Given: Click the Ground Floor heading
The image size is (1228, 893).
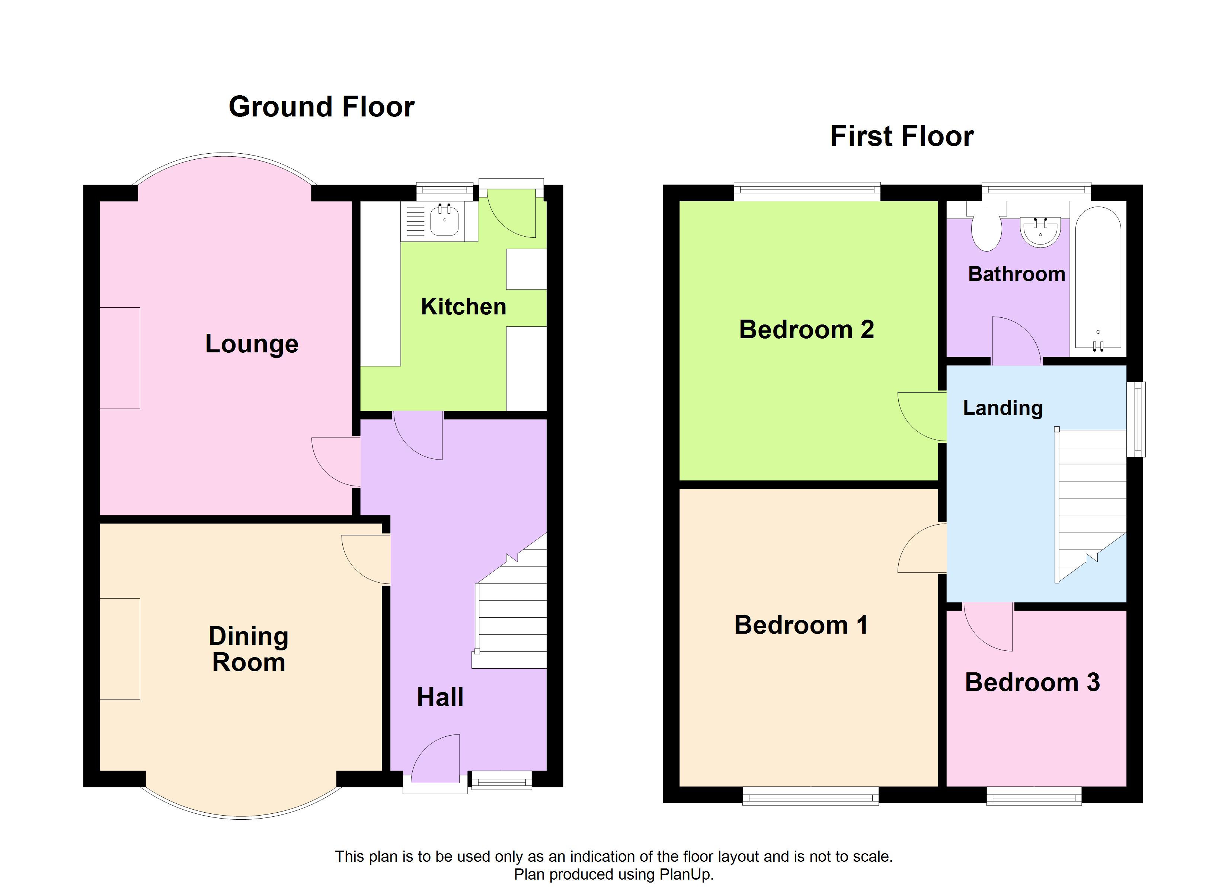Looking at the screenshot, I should tap(322, 107).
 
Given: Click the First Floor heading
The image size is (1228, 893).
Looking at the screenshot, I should tap(902, 136).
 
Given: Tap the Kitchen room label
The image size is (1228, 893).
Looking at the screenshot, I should tap(464, 307).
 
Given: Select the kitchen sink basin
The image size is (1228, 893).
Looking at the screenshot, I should tap(445, 221).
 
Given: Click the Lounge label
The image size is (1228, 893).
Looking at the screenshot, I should tap(252, 344).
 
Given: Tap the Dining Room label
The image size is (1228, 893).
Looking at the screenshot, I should tap(249, 649).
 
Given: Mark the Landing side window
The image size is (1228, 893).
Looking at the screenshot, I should tap(1135, 419).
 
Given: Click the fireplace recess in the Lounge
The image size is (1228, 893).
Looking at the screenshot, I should tap(120, 358).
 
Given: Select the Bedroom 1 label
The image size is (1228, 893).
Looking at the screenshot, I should tap(801, 625).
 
